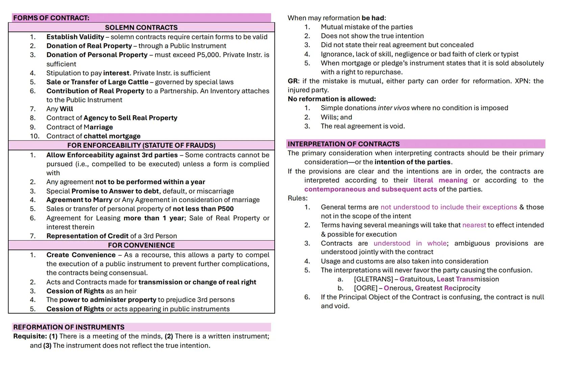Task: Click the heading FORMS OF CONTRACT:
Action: (x=51, y=18)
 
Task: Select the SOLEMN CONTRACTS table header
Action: (x=141, y=27)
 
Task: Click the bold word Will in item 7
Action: (x=66, y=109)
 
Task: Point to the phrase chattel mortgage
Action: (x=112, y=136)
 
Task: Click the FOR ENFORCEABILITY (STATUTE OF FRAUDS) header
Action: (x=141, y=145)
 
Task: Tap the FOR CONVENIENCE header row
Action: (x=141, y=245)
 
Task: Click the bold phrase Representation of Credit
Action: (x=87, y=236)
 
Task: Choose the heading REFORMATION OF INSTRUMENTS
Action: (x=69, y=327)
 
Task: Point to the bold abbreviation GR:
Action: (x=293, y=81)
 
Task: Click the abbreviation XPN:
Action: (x=522, y=81)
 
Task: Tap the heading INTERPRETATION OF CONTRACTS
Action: (x=344, y=144)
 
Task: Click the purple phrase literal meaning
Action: (x=440, y=180)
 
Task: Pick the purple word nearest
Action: (x=474, y=225)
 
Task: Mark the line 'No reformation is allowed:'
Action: (x=332, y=99)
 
